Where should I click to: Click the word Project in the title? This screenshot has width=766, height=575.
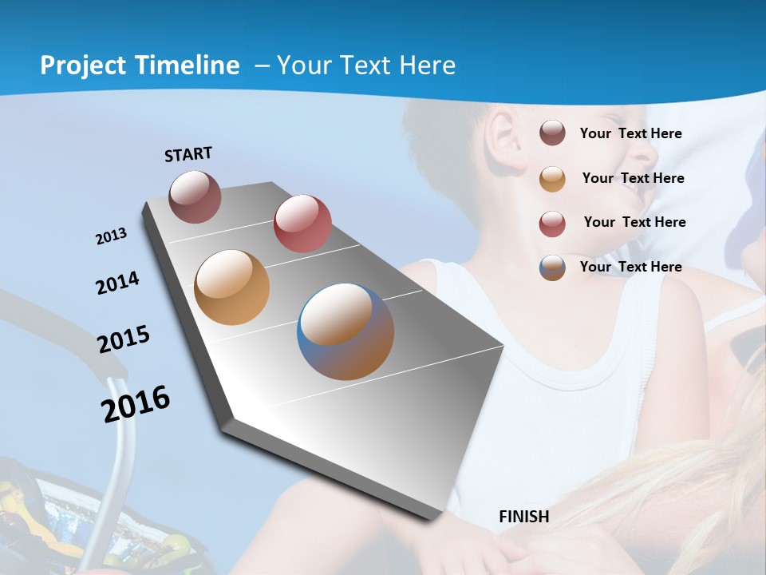[78, 65]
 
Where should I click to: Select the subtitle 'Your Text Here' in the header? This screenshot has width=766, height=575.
[366, 65]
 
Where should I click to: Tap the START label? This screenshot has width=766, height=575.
[188, 154]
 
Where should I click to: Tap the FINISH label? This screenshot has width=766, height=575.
[523, 517]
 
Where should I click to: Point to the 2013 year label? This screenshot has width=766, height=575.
[111, 236]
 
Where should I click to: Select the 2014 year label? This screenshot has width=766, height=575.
[117, 283]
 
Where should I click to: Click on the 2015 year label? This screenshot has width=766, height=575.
[124, 339]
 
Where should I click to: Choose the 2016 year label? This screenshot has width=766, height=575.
[136, 403]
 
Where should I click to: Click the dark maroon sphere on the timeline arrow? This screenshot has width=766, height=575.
[195, 196]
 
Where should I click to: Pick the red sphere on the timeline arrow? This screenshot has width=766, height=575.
[302, 223]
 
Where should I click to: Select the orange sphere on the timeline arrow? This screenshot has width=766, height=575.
[231, 287]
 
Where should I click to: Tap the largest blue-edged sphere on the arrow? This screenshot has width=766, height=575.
[345, 331]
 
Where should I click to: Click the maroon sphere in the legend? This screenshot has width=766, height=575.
[552, 133]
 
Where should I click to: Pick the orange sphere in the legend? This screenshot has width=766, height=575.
[552, 178]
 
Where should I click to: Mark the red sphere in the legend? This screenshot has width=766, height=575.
[552, 223]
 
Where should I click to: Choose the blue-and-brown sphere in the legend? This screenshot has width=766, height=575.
[552, 268]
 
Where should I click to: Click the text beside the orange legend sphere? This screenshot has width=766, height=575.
[633, 178]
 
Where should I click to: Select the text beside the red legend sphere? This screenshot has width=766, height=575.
[634, 222]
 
